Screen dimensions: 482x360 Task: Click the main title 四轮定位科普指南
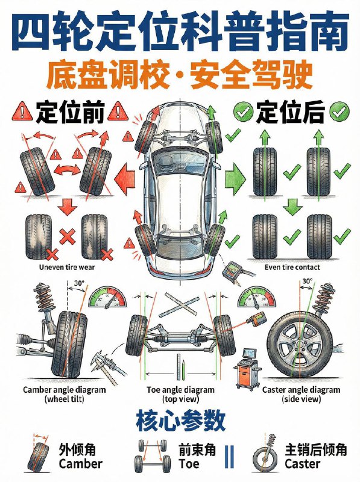[180, 30]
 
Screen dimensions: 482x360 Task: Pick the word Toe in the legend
[189, 465]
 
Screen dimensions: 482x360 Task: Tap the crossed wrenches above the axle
[178, 304]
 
